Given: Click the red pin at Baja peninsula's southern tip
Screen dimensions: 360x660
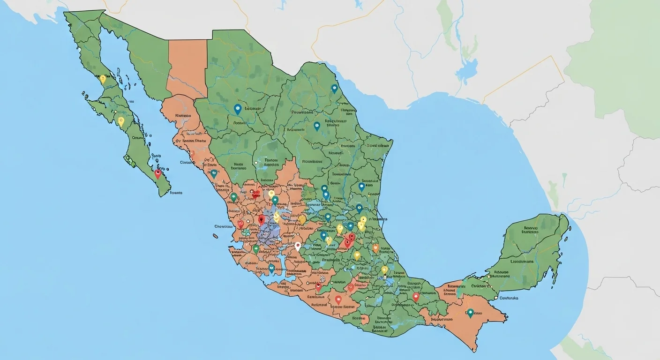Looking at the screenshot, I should click(x=157, y=174).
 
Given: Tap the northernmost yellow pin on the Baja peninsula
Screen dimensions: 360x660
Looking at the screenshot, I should click(x=103, y=79).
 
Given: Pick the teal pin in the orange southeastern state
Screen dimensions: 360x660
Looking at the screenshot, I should click(x=470, y=313).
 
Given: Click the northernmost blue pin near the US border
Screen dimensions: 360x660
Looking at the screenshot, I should click(x=334, y=88).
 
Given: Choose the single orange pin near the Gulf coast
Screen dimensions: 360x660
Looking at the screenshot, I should click(x=375, y=247).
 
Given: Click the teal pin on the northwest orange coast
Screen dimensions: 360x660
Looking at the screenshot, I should click(x=214, y=174).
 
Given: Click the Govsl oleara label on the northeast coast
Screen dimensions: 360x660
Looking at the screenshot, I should click(x=378, y=145).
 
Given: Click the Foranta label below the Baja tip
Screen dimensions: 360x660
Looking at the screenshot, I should click(x=176, y=193).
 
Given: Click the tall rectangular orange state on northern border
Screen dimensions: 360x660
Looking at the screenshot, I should click(x=187, y=68).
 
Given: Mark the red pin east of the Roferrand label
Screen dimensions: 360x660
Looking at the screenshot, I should click(x=338, y=299).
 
